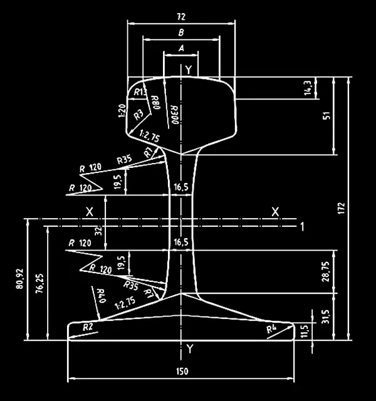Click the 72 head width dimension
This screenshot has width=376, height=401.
tap(181, 17)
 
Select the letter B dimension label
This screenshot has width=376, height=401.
tap(181, 33)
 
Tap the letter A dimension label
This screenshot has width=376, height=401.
tap(181, 48)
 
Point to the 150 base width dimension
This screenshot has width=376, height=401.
tap(182, 371)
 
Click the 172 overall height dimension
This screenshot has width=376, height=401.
tap(342, 208)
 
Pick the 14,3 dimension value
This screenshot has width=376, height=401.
tap(308, 88)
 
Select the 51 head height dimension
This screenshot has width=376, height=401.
tap(327, 115)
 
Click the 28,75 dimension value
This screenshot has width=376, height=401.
tap(326, 271)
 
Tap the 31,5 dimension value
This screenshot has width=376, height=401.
tap(326, 317)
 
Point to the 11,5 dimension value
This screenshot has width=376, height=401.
tap(305, 331)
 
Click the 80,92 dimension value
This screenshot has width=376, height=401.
tap(19, 279)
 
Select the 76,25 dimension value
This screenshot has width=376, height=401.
tap(40, 283)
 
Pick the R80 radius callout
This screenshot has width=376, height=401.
tap(155, 102)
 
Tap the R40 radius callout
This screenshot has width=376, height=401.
tap(101, 296)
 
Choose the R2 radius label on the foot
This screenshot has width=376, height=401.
tap(88, 327)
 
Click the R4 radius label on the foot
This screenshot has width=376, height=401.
tap(271, 329)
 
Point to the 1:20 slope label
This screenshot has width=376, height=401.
tap(122, 111)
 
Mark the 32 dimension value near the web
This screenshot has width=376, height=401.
tap(98, 231)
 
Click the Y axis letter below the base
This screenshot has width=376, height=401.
tap(189, 349)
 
